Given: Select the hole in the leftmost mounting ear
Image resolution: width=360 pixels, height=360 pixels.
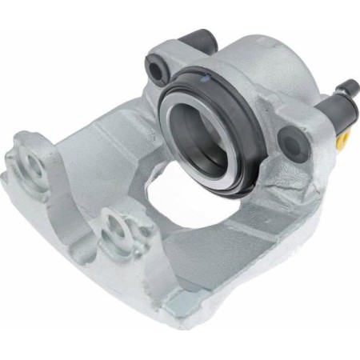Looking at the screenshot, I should click(33, 165).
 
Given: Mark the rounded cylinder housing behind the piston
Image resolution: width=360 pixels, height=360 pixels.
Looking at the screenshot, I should click(264, 72).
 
